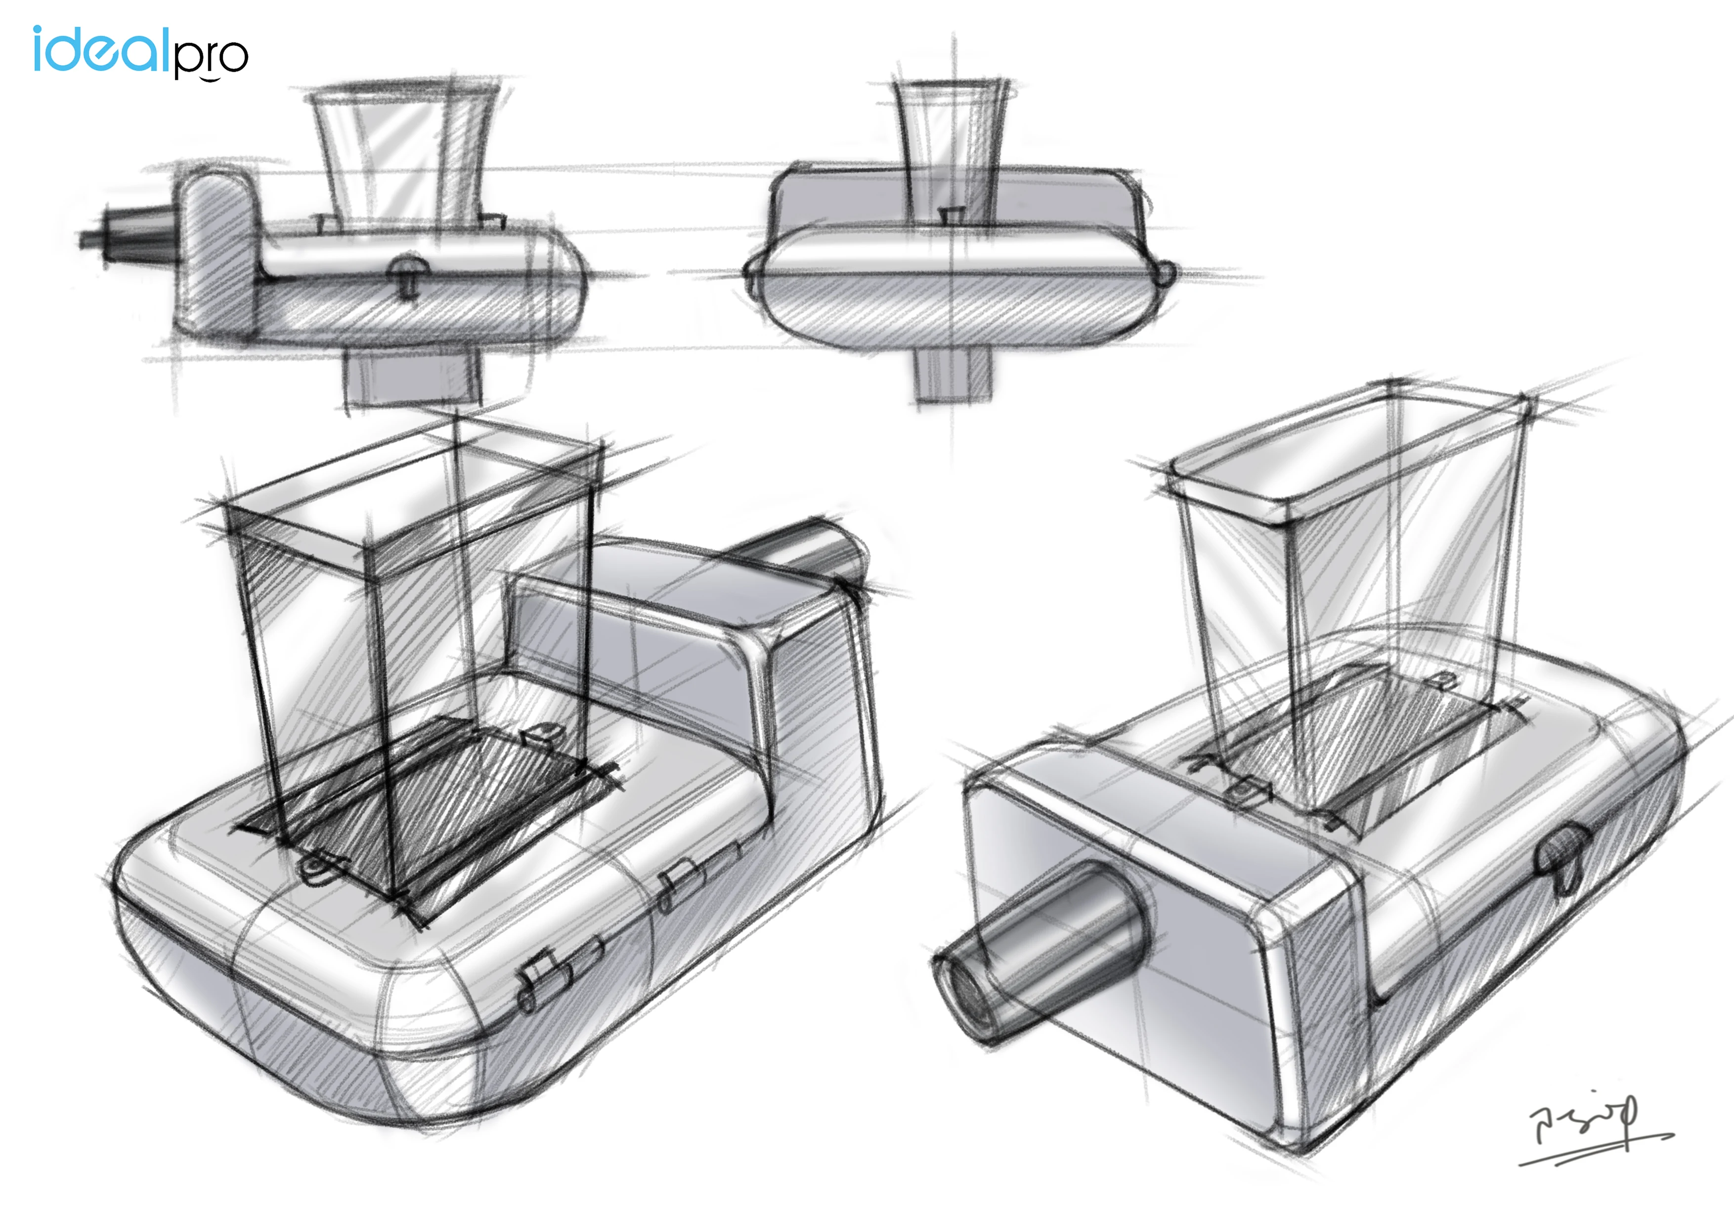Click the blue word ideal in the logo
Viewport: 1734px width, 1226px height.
click(x=98, y=50)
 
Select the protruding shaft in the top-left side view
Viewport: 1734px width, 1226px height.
click(x=129, y=236)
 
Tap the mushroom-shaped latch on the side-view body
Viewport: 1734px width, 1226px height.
click(x=408, y=273)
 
